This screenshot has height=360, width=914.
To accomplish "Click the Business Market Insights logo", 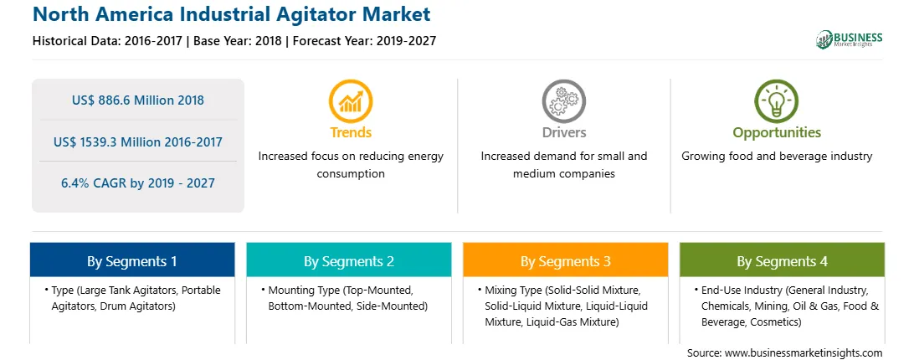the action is click(x=850, y=39).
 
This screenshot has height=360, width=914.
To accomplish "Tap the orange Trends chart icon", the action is click(x=351, y=101).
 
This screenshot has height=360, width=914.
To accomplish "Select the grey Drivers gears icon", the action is click(x=563, y=101).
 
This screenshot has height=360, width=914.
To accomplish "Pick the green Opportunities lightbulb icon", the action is click(x=777, y=101).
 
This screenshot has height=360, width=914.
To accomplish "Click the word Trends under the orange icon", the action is click(x=351, y=132).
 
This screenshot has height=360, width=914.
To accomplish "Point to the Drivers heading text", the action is click(x=563, y=132).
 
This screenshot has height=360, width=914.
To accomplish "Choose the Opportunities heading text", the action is click(x=777, y=133).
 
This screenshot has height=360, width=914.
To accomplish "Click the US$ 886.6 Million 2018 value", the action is click(x=138, y=100).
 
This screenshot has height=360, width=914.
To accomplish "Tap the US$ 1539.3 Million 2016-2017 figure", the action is click(x=138, y=141).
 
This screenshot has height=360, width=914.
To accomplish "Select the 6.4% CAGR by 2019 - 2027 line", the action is click(x=138, y=183).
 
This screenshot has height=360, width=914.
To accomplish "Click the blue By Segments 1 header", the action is click(x=132, y=260).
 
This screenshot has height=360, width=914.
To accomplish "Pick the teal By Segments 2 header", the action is click(x=348, y=260).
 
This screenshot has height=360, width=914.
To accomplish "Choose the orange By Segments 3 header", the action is click(x=566, y=260).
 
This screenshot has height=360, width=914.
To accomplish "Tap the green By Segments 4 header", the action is click(x=783, y=260).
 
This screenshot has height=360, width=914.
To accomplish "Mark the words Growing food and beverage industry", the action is click(x=777, y=157).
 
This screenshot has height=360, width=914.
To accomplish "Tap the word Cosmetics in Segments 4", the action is click(x=777, y=321).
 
